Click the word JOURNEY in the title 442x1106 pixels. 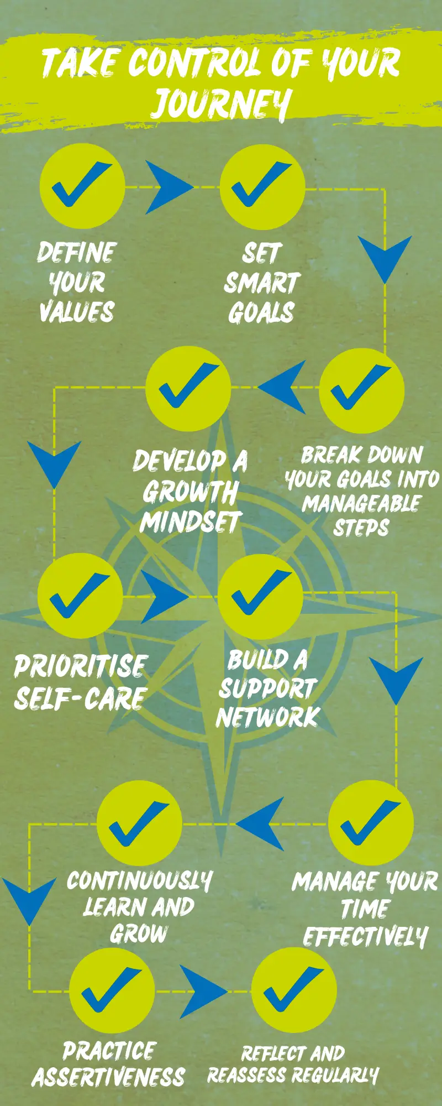(x=221, y=103)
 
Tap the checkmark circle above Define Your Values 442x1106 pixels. (x=82, y=186)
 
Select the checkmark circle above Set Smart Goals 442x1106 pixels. (x=262, y=186)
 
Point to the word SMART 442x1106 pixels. (x=261, y=283)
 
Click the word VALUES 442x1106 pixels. (x=77, y=311)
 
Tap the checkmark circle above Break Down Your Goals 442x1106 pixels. (x=362, y=390)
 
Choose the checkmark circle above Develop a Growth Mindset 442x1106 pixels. (x=188, y=389)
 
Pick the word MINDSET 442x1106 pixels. (x=191, y=521)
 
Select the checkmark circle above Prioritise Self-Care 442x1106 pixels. (x=80, y=596)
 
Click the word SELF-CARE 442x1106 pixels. (x=80, y=698)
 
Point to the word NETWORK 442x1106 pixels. (x=268, y=717)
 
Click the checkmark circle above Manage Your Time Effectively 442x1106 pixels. (x=371, y=823)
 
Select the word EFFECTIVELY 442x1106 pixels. (x=365, y=937)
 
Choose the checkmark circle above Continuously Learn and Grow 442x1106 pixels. (x=139, y=823)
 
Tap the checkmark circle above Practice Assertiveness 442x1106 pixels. (x=112, y=990)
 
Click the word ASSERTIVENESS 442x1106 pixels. (x=109, y=1077)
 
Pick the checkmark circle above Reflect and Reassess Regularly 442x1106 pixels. (x=294, y=990)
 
